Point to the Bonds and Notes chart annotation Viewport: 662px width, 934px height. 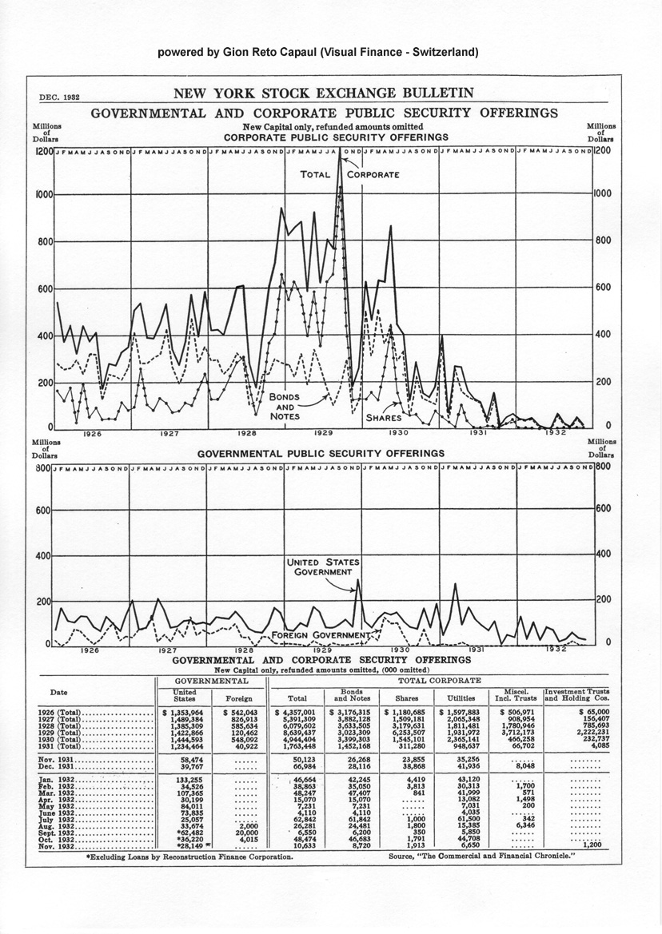284,406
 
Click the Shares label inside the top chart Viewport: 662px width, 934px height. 383,418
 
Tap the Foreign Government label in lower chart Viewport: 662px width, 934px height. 322,636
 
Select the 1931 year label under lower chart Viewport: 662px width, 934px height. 477,650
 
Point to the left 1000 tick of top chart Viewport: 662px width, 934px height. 42,194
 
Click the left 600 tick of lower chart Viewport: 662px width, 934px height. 42,510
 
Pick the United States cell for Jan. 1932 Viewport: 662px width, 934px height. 185,777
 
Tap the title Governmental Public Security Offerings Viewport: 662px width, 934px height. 321,453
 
